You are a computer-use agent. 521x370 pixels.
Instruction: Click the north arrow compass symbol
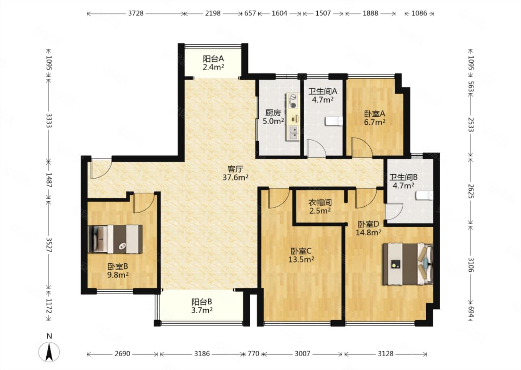tap(49, 352)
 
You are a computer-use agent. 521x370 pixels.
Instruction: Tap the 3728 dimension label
tap(136, 13)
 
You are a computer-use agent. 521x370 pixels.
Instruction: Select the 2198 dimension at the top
tap(213, 13)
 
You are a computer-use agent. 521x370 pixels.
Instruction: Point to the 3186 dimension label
tap(202, 354)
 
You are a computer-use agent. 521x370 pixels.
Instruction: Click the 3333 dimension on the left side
tap(49, 120)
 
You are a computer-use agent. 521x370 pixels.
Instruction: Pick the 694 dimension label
tap(471, 312)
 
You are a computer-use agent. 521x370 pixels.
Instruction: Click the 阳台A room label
tap(213, 59)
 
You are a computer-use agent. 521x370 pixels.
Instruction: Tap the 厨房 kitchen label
tap(273, 113)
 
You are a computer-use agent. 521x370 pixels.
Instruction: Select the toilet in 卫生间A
tap(334, 121)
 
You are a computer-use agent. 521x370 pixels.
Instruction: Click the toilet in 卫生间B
tap(424, 195)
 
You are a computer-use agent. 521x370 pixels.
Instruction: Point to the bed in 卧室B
tap(115, 239)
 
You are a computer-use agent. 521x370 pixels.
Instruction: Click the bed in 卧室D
tap(408, 264)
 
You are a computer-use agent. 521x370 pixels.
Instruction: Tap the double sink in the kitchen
tap(293, 133)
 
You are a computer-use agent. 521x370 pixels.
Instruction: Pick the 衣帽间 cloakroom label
tap(320, 203)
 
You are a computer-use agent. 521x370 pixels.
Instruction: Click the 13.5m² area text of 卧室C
tap(301, 259)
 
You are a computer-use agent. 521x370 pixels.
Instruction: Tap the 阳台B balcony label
tap(202, 302)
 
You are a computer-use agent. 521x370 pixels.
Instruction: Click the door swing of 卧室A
tap(362, 147)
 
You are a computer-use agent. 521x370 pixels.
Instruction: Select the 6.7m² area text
tap(375, 122)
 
